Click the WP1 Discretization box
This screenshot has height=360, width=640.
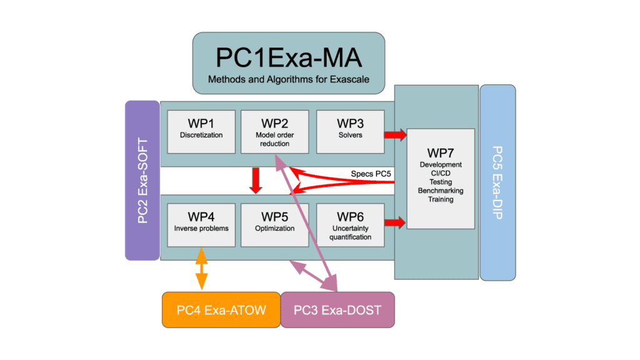point(201,131)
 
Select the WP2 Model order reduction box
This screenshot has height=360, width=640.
point(274,131)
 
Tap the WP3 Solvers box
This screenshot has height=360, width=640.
point(349,131)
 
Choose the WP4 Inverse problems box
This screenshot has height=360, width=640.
point(201,224)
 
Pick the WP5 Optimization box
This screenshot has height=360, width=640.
point(274,224)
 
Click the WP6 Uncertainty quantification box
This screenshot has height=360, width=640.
point(349,224)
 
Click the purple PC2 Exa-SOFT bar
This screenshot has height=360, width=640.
point(142,180)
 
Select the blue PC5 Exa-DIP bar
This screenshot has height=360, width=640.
point(497,182)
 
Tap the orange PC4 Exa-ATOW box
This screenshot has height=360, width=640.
point(221,309)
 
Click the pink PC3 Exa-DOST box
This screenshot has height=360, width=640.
point(337,309)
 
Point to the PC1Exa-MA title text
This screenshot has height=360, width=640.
point(288,58)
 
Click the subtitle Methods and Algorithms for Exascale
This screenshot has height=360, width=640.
point(288,79)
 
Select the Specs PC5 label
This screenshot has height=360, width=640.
point(372,172)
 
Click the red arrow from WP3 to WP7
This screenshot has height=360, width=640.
point(394,134)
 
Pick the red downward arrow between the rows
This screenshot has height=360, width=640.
point(256,179)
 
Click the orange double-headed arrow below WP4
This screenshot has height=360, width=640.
point(201,269)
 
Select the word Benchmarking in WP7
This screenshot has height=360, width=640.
point(441,191)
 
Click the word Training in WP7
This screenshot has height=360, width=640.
point(441,199)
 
